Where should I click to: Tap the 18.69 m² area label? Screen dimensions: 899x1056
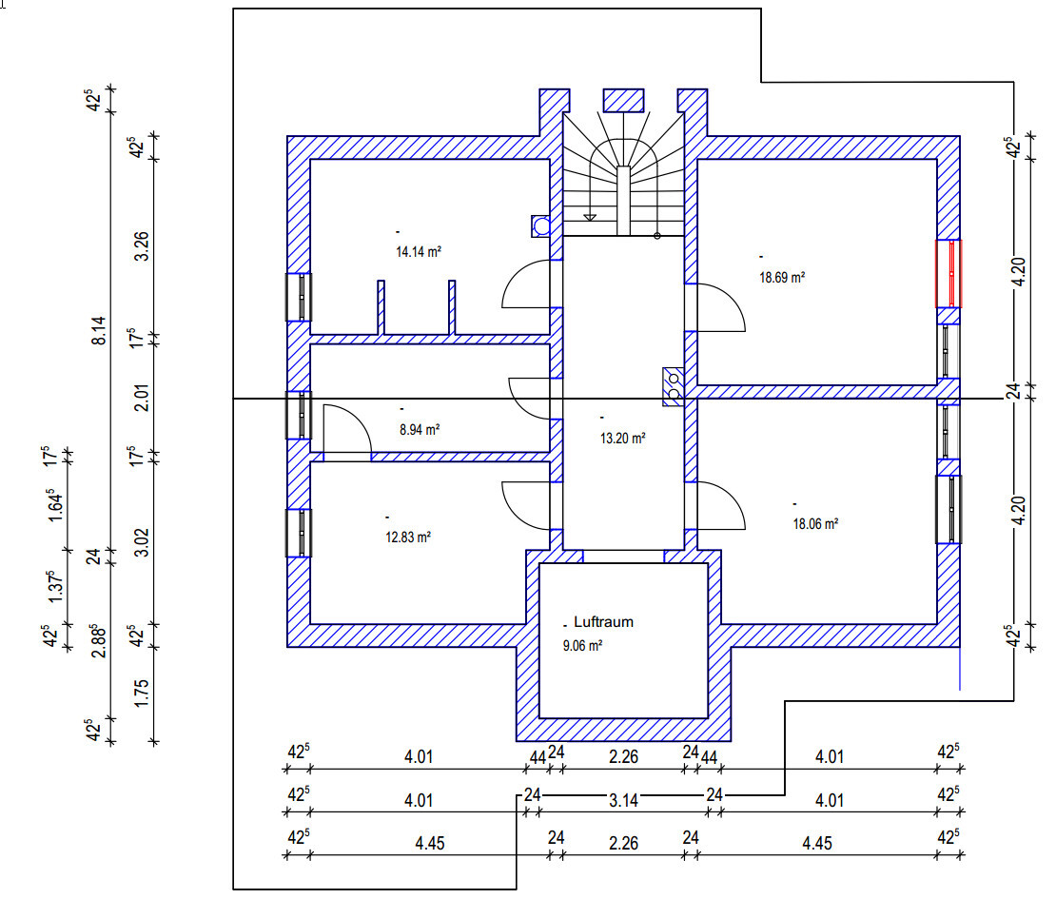click(782, 278)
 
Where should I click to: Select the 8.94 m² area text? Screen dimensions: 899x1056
click(419, 429)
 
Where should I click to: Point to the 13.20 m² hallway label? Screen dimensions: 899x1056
click(622, 439)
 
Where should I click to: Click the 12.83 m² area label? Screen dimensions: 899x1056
click(407, 537)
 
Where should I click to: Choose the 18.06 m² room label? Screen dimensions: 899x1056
click(814, 523)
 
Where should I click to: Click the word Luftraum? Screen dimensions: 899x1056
click(603, 622)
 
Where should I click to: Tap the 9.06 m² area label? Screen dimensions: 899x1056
click(584, 644)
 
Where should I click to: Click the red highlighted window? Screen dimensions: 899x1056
click(948, 273)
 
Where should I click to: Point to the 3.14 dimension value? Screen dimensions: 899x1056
click(623, 801)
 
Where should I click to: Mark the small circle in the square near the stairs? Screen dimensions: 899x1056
click(540, 225)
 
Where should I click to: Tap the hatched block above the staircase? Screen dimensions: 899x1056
click(624, 99)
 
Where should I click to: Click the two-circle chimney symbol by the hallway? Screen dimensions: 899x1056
click(674, 386)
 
